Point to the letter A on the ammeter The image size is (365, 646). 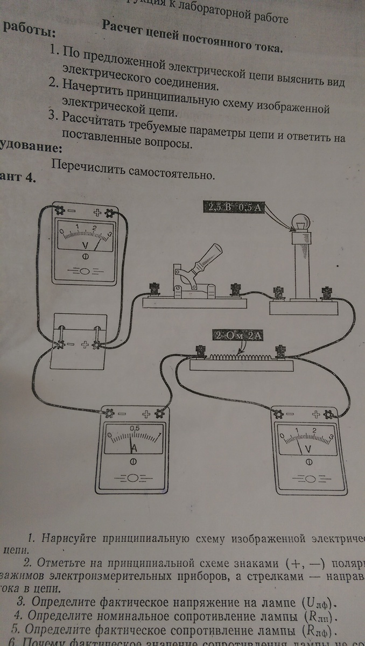[133, 448]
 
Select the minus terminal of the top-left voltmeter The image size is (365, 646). [60, 210]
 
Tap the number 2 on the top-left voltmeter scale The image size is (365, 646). [95, 227]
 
